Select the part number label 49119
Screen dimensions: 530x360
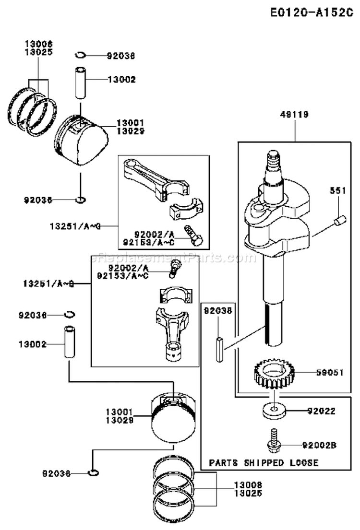click(295, 115)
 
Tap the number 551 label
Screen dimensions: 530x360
click(337, 190)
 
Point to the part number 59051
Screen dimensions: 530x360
click(330, 372)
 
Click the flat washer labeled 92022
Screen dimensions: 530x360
click(274, 411)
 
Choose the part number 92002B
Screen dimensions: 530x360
click(319, 445)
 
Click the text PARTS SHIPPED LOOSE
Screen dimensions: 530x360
click(264, 463)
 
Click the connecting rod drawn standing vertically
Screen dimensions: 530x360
click(171, 331)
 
